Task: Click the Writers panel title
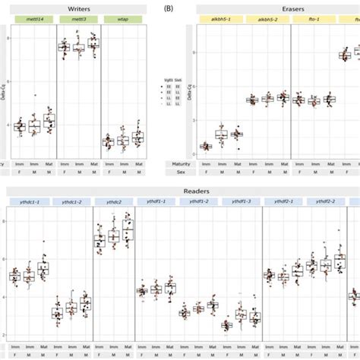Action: [77, 8]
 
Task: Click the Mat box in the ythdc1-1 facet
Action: [43, 268]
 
